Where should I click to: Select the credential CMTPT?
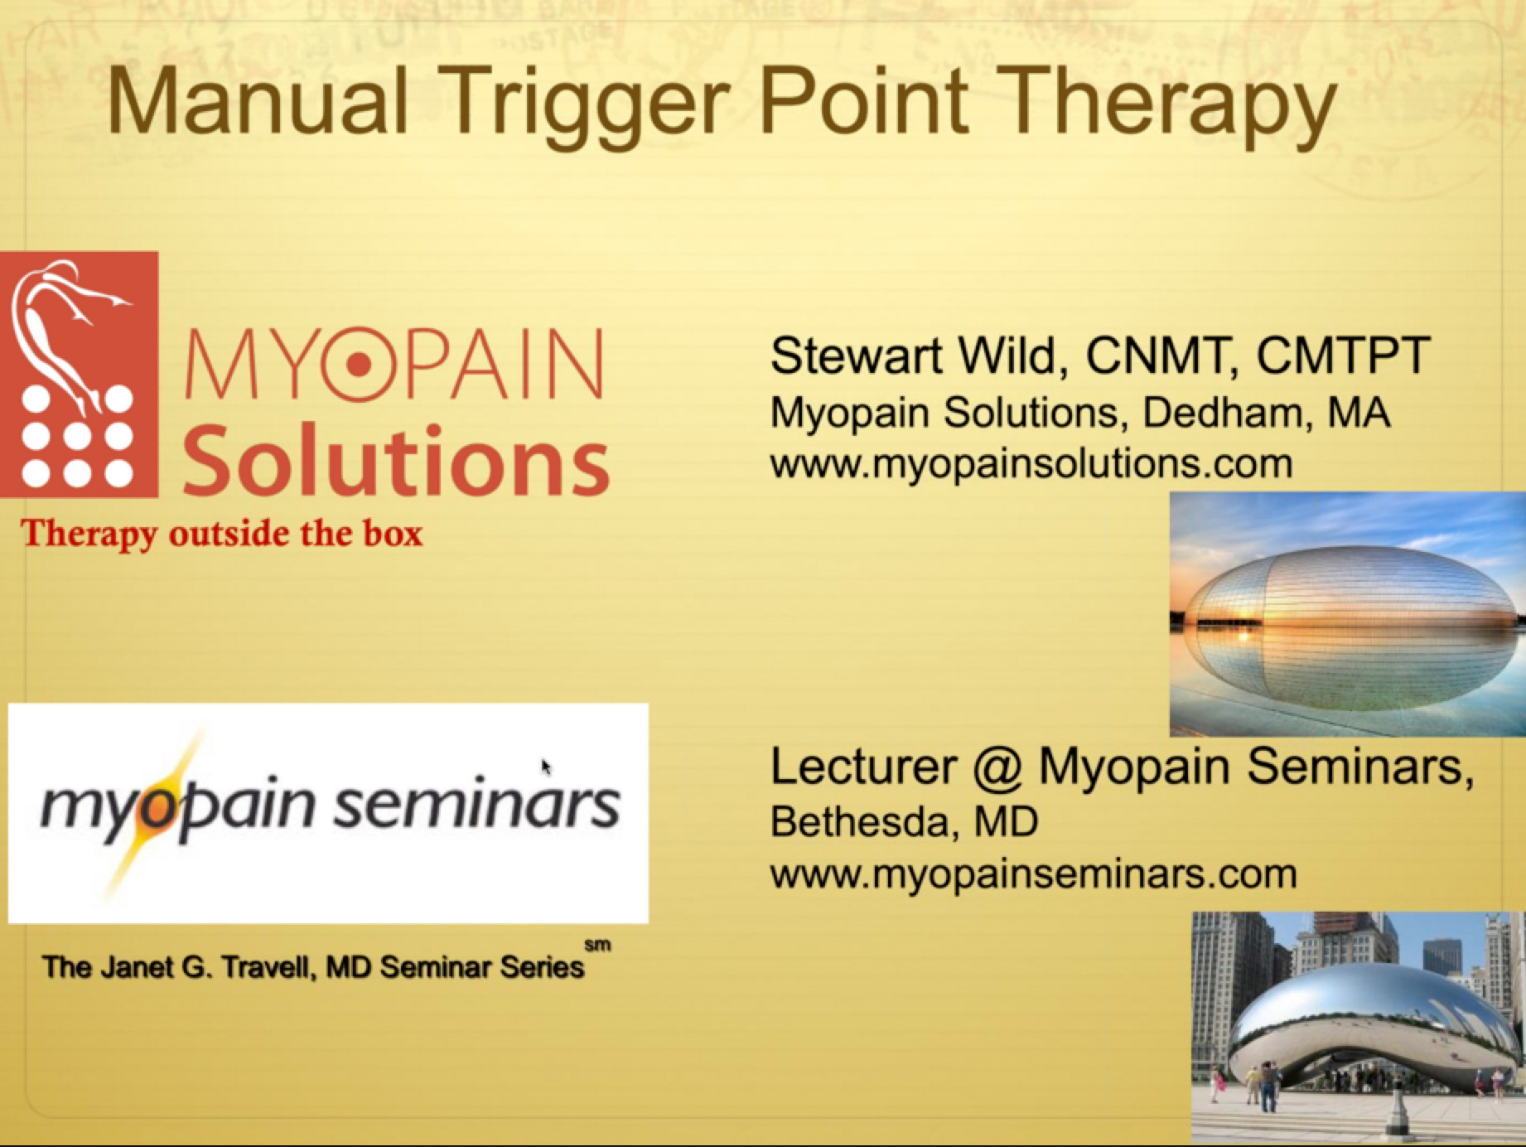[x=1343, y=356]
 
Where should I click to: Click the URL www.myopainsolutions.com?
[x=1031, y=462]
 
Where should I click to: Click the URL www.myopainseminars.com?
[x=1032, y=874]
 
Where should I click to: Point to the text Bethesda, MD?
[x=903, y=822]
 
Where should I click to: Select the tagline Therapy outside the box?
[x=221, y=533]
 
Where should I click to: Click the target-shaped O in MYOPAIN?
[x=359, y=365]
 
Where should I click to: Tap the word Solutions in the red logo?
[x=396, y=461]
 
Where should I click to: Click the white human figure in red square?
[x=58, y=332]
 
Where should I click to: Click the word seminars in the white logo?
[x=476, y=806]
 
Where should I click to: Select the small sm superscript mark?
[x=597, y=945]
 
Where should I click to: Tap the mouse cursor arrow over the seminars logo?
[x=546, y=767]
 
